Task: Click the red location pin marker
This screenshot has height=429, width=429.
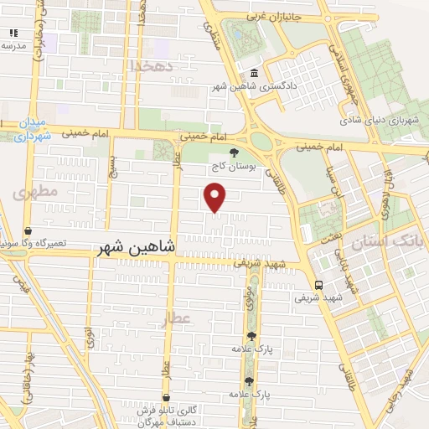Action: [x=216, y=197]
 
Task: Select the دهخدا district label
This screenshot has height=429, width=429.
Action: [x=152, y=65]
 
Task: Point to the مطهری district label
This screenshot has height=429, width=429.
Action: [x=35, y=192]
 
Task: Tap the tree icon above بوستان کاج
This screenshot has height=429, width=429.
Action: [x=233, y=152]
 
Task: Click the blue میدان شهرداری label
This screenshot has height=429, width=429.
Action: [x=34, y=130]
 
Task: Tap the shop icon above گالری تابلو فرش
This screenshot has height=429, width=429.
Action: [x=166, y=397]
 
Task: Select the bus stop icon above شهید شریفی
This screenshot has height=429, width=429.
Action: [x=318, y=284]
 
